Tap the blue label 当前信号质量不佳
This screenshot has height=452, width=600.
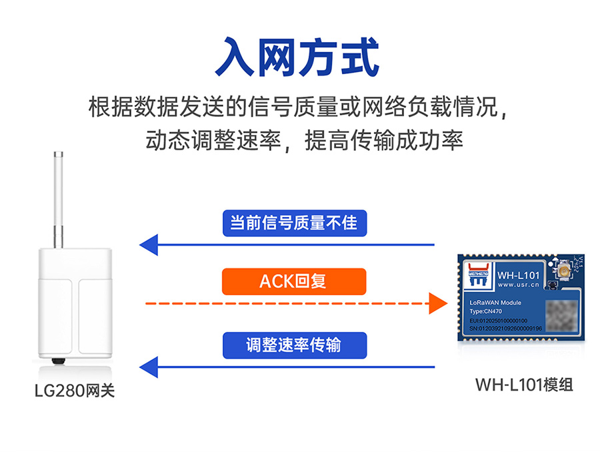click(x=294, y=223)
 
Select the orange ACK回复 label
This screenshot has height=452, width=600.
click(x=294, y=281)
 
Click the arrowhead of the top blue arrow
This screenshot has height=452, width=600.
click(x=148, y=244)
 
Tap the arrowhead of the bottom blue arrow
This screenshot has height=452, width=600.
click(x=148, y=367)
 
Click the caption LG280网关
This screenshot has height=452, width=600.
click(x=75, y=391)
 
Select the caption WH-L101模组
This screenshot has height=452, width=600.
click(x=524, y=385)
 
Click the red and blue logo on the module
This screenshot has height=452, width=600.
click(x=479, y=275)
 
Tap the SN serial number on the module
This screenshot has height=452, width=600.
click(x=501, y=329)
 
